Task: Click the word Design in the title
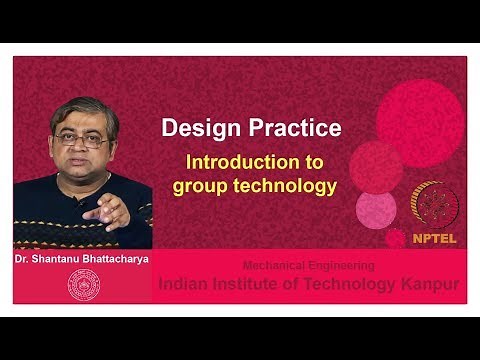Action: click(x=196, y=129)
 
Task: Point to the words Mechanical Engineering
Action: click(x=309, y=266)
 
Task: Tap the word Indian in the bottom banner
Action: click(x=187, y=285)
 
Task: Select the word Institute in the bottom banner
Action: click(x=255, y=285)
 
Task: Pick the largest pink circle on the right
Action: click(x=420, y=122)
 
